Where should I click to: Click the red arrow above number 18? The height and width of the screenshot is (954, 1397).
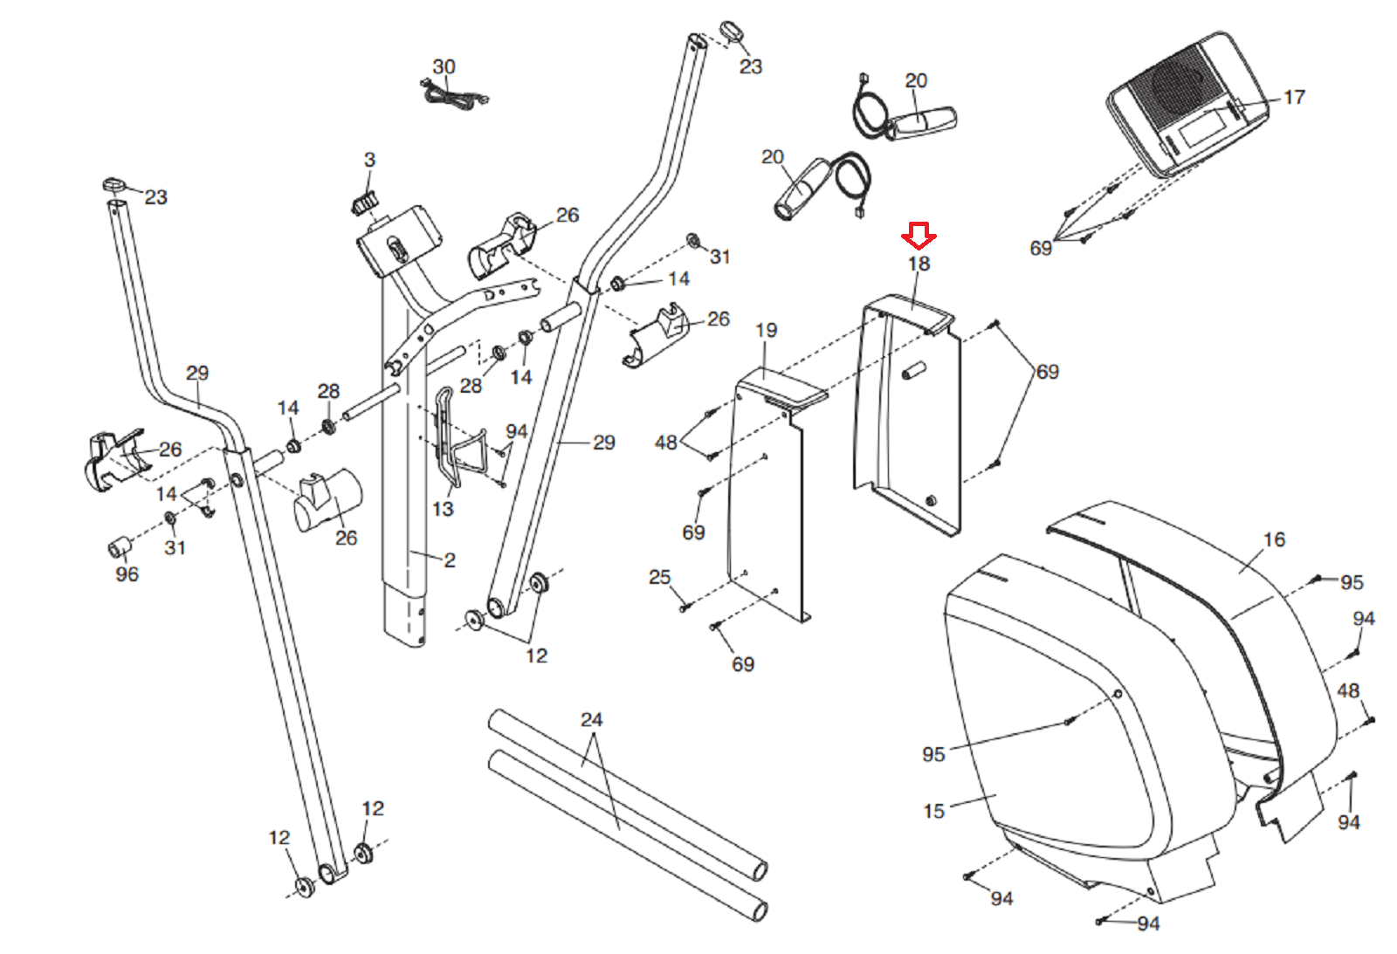tap(919, 235)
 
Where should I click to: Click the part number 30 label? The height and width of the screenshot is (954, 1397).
tap(444, 66)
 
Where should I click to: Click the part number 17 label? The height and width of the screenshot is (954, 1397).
tap(1295, 97)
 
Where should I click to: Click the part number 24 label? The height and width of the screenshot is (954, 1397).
tap(592, 719)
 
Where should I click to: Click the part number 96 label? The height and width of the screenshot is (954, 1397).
tap(127, 574)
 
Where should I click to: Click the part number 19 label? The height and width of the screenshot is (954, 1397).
tap(767, 330)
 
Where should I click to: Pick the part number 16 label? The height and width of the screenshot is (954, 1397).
tap(1275, 539)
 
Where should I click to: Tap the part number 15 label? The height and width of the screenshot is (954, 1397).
tap(934, 811)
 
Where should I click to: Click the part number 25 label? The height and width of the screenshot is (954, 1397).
tap(660, 577)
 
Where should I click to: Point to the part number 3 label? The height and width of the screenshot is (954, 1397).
tap(370, 160)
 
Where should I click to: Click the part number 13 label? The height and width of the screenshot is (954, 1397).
tap(444, 509)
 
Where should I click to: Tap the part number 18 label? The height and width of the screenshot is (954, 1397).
tap(919, 264)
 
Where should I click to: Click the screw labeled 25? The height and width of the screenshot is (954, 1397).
tap(685, 606)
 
